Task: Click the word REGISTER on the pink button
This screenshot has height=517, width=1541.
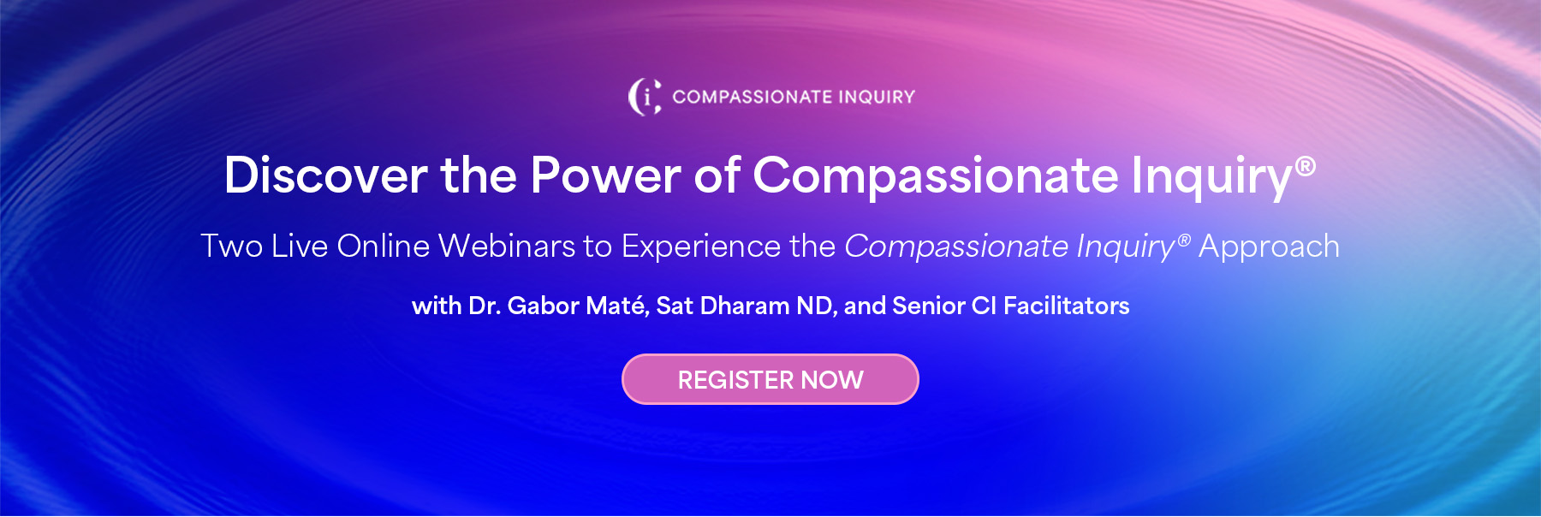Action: point(736,380)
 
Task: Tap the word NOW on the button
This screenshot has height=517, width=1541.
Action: point(832,380)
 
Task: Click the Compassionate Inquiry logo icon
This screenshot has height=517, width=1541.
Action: point(645,97)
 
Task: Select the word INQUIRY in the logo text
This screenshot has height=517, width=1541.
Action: point(877,97)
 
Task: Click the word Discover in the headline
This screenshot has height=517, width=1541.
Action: point(326,175)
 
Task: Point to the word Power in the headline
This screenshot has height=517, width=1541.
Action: point(605,175)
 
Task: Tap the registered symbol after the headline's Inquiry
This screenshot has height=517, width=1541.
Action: point(1305,165)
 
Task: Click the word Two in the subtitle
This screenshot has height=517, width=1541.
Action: point(231,247)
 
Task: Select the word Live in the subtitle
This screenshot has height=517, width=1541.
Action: point(300,247)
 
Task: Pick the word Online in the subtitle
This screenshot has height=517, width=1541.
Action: point(384,247)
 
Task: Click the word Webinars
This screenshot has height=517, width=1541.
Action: point(507,247)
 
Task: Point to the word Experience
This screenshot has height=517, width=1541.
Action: point(701,247)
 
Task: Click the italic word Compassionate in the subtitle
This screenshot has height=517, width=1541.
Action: point(956,247)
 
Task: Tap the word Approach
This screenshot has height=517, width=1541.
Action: point(1269,247)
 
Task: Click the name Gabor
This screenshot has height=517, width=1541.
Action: point(544,306)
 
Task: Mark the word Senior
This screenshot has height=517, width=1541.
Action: point(929,306)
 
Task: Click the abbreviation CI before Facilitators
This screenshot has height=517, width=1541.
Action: point(985,306)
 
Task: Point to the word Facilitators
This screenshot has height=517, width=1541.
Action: point(1067,306)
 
